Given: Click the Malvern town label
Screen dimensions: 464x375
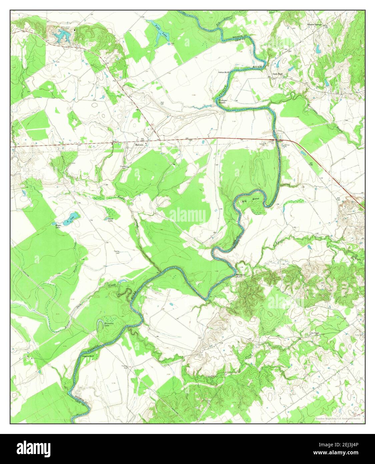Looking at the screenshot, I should pos(139,145).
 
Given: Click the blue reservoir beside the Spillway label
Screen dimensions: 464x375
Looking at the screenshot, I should pos(60,35).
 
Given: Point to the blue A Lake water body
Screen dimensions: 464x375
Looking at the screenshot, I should pos(73,219).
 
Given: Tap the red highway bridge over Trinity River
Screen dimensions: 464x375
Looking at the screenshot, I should pos(276,139).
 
